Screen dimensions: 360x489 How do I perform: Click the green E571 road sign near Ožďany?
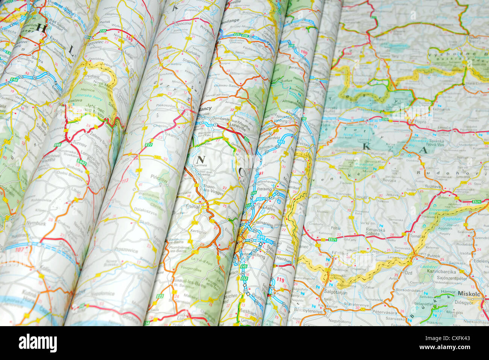[x=333, y=240]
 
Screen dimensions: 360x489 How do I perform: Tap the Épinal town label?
[x=193, y=207]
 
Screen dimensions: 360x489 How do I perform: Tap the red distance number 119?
[x=280, y=279]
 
